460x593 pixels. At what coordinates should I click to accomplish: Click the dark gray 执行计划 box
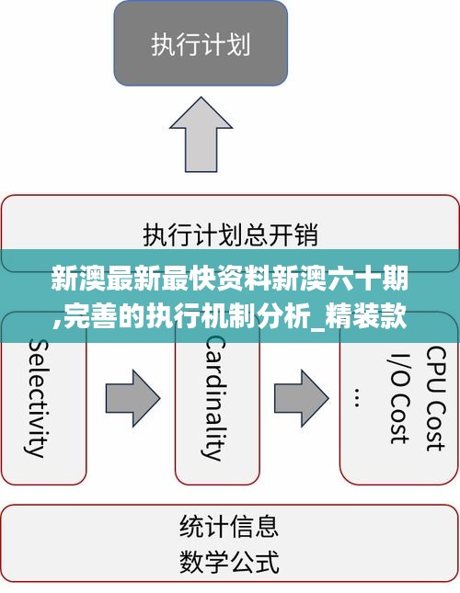[201, 43]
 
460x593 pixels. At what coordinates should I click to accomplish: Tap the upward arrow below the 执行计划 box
[201, 134]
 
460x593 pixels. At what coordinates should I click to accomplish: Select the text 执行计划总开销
[230, 234]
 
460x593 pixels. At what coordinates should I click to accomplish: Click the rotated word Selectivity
[37, 398]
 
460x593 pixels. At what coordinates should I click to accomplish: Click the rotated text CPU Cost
[436, 399]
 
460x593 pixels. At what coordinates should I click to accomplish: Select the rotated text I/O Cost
[399, 399]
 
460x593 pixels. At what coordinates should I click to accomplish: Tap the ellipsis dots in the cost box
[357, 397]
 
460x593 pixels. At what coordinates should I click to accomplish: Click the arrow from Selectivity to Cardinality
[132, 399]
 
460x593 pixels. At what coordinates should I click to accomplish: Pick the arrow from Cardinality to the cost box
[302, 399]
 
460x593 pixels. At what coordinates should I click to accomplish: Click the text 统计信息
[229, 526]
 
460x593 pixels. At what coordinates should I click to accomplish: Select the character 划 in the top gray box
[238, 45]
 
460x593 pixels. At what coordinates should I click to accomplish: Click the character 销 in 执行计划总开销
[306, 234]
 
